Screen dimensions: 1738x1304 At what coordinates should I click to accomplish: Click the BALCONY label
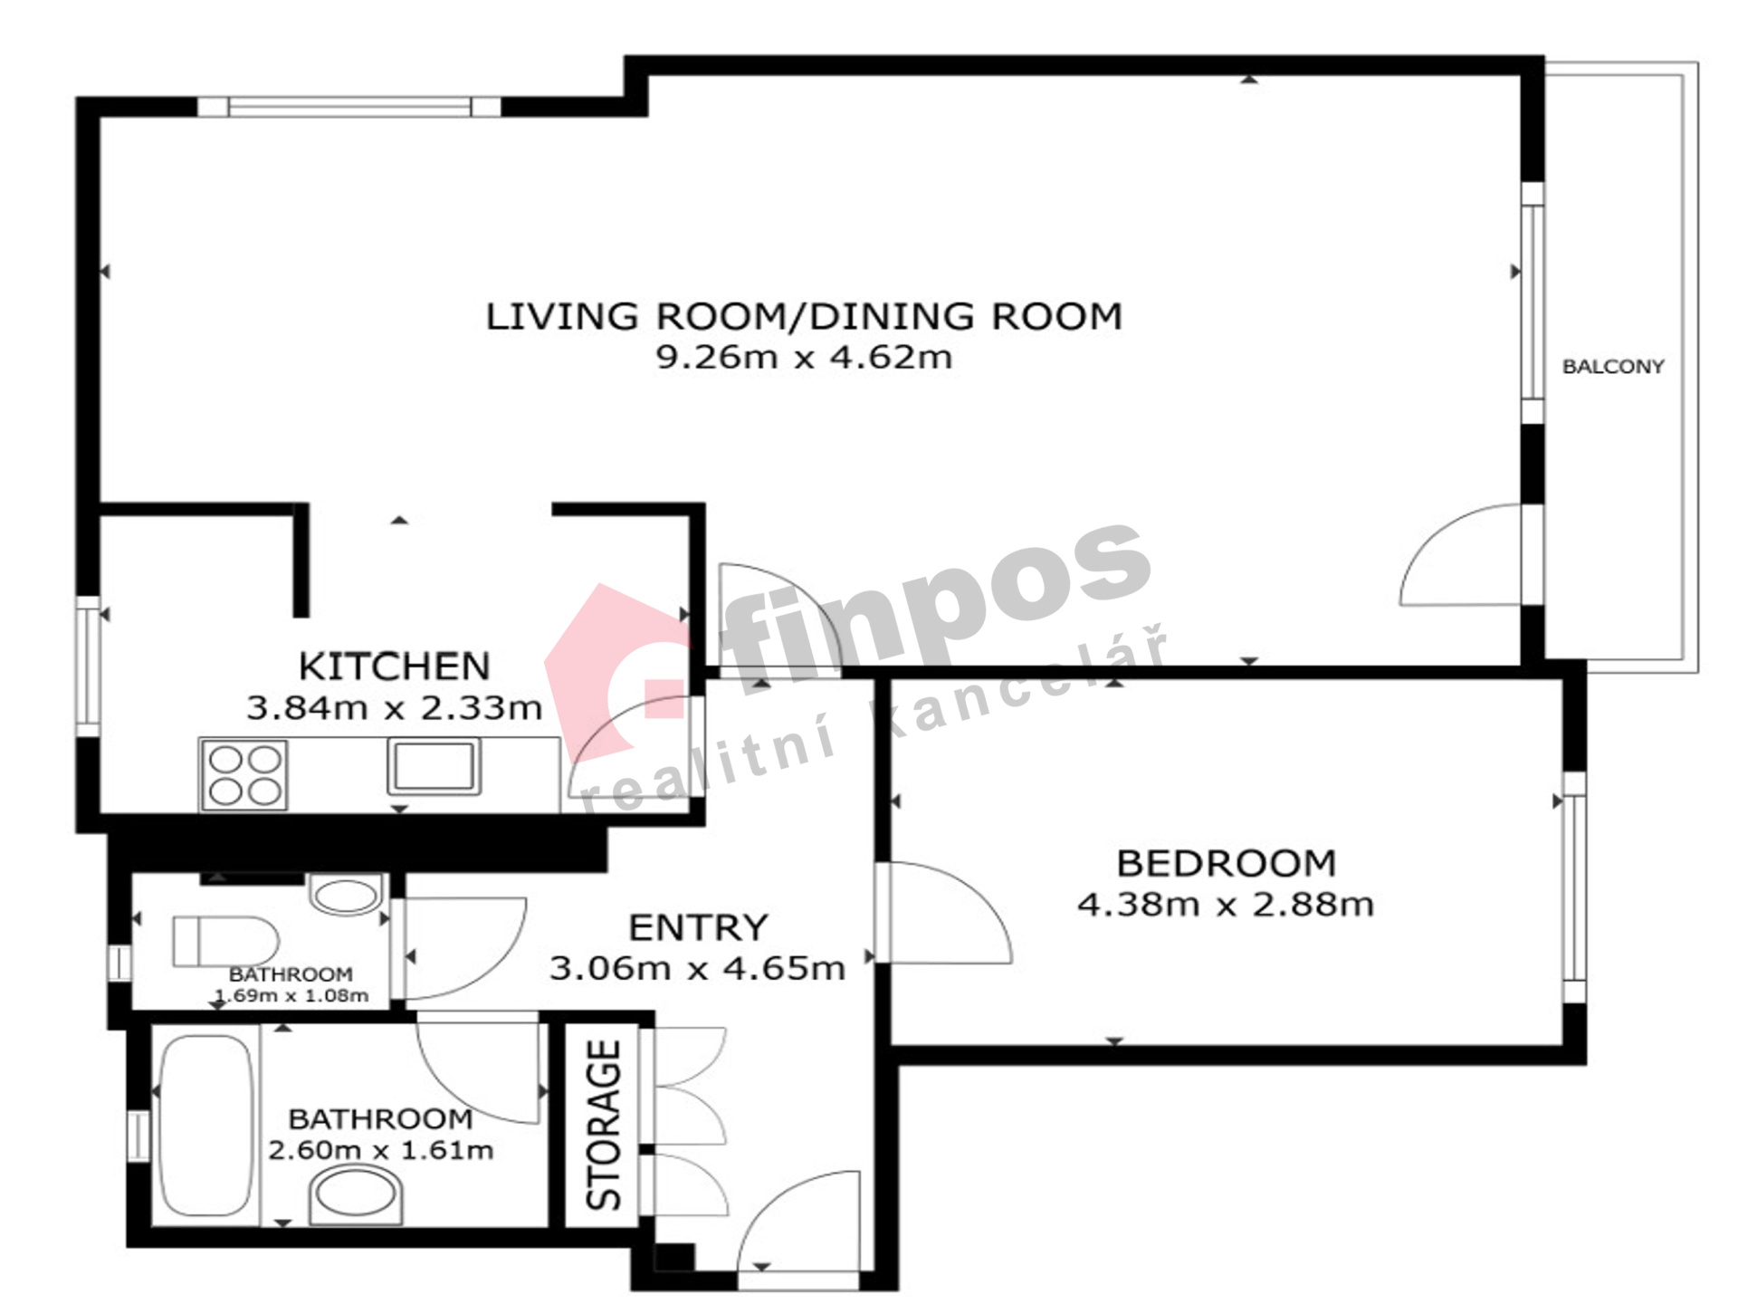tap(1613, 367)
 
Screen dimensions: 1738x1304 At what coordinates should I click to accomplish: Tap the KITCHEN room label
tap(395, 666)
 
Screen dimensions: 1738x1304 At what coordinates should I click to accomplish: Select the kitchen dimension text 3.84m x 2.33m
tap(395, 707)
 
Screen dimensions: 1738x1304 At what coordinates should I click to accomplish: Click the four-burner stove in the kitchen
tap(244, 775)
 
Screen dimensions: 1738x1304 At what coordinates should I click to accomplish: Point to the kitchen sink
tap(434, 766)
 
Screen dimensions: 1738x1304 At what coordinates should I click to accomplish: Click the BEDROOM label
tap(1227, 863)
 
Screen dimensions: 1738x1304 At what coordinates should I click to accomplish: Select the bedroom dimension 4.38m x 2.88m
tap(1226, 904)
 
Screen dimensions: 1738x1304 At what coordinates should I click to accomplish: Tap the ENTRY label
tap(698, 928)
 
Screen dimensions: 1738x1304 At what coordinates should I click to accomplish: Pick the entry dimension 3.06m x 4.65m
tap(697, 968)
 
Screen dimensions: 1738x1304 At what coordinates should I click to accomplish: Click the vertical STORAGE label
tap(604, 1125)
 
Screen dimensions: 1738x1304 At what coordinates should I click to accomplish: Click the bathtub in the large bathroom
tap(205, 1125)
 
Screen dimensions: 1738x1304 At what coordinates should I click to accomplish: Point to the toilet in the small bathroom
tap(226, 942)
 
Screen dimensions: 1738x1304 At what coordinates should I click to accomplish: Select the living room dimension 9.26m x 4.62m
tap(804, 357)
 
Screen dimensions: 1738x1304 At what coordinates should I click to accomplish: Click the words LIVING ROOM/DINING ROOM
tap(804, 316)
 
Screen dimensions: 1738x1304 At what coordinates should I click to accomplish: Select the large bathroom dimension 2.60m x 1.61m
tap(381, 1151)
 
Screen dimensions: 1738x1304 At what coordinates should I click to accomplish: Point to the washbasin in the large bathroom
tap(356, 1194)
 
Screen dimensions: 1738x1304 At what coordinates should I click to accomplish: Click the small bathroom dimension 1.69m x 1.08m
tap(291, 996)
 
